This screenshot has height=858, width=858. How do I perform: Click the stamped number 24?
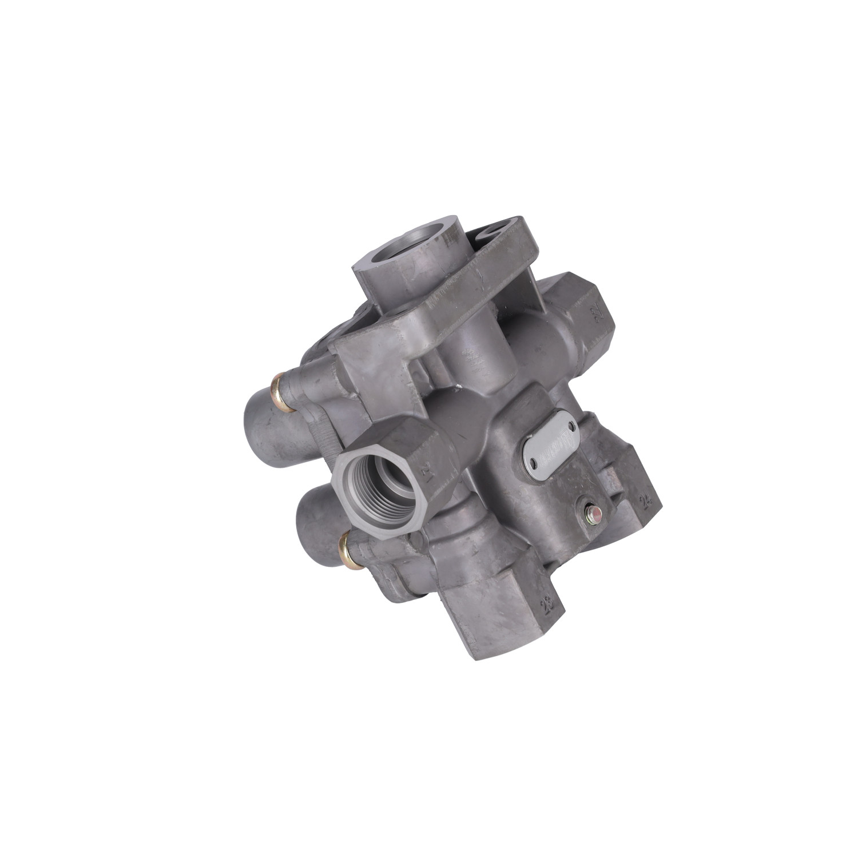click(646, 502)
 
